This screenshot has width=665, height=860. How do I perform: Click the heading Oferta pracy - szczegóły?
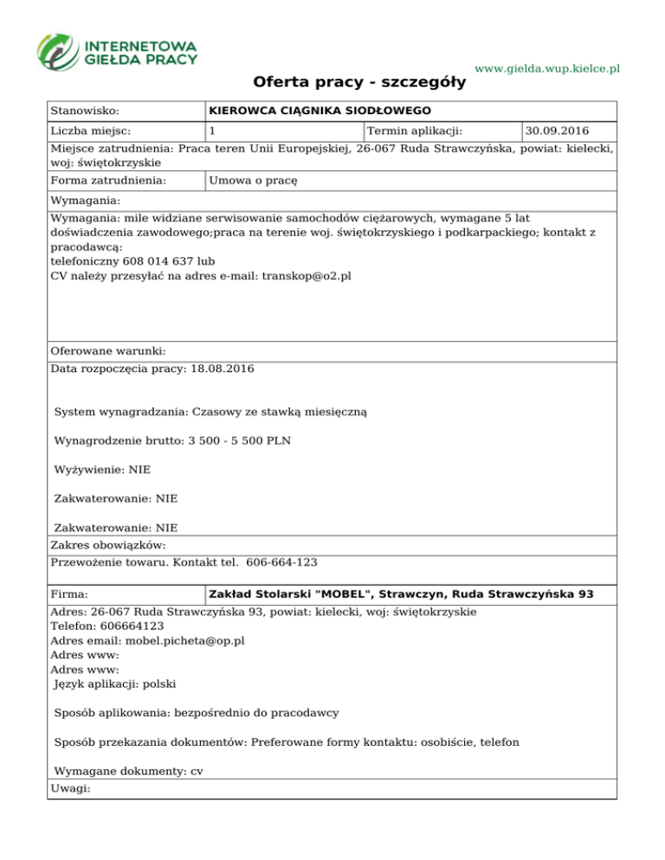pos(359,82)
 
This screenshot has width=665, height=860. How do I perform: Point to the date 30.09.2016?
pos(557,132)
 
